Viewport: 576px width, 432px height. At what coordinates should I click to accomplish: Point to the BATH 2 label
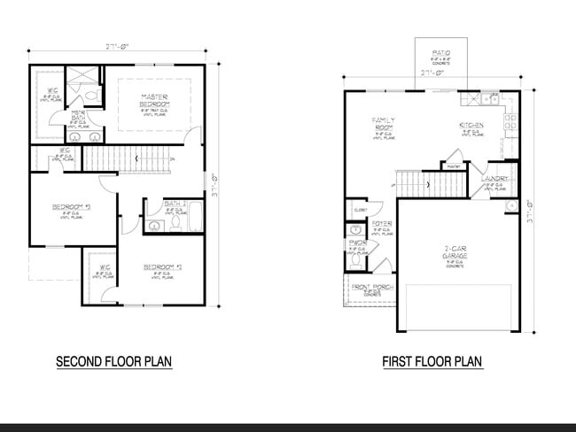tap(175, 204)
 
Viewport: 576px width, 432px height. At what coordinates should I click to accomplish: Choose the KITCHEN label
tap(471, 126)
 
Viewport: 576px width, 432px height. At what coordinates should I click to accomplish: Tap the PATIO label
tap(441, 53)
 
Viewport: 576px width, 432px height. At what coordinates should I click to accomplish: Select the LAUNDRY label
tap(494, 179)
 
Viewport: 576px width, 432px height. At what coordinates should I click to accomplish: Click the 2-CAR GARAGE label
tap(455, 251)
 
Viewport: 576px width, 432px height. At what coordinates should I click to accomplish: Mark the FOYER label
tap(382, 224)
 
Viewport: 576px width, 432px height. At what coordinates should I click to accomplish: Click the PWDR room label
tap(357, 240)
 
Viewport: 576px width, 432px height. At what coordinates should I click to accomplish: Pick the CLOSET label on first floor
tap(360, 211)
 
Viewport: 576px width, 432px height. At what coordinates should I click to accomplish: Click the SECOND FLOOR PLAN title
tap(113, 361)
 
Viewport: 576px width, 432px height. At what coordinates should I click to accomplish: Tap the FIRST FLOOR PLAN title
tap(432, 361)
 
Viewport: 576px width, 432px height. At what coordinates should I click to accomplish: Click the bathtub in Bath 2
tap(196, 217)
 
